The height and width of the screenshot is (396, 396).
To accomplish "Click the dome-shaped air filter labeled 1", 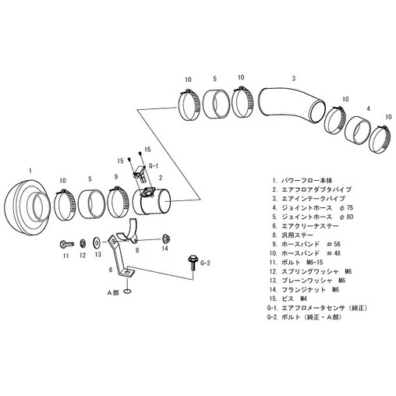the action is click(26, 208).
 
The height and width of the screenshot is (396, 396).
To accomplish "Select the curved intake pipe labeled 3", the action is click(291, 104).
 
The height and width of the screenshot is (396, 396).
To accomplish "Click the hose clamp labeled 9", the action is click(118, 202).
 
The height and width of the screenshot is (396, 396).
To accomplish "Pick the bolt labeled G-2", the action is click(193, 263).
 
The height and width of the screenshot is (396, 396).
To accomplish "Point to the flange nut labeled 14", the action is click(164, 239).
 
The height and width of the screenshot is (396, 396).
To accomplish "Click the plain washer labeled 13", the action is click(97, 242).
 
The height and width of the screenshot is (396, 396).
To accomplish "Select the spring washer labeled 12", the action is click(82, 243).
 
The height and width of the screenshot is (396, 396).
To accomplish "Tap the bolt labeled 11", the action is click(66, 244).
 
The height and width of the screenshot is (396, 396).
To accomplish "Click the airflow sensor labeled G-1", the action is click(140, 174).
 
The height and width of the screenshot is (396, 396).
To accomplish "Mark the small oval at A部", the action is click(127, 292).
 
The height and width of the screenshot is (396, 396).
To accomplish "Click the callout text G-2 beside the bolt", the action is click(205, 263).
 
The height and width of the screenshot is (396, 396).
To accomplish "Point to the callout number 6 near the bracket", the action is click(111, 270).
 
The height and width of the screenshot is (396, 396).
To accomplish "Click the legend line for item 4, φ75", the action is click(313, 208).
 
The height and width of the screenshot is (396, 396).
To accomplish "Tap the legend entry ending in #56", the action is click(306, 244).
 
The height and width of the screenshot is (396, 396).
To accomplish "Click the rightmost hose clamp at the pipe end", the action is click(380, 140).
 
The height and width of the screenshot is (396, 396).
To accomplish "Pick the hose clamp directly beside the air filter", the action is click(64, 205).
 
